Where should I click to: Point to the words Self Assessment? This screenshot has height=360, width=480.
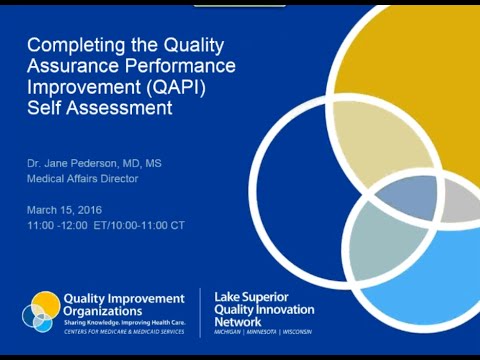[99, 109]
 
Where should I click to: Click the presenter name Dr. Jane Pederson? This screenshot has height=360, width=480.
[88, 162]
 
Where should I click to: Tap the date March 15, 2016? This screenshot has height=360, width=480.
[66, 209]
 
